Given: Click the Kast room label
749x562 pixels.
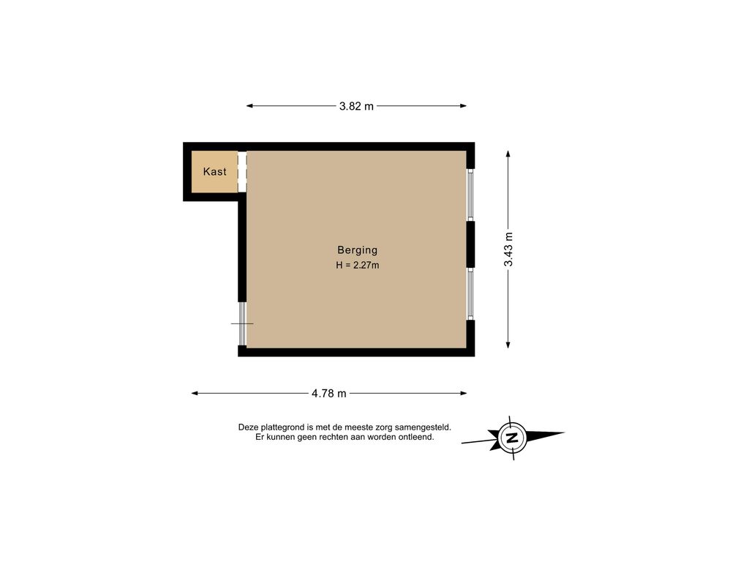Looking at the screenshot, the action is tap(214, 171).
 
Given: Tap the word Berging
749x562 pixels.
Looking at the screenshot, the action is tap(357, 250).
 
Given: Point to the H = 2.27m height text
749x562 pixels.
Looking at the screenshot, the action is tap(357, 265).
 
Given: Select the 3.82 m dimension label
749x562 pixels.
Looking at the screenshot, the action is tap(356, 106).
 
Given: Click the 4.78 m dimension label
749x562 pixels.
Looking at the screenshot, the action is tap(328, 393).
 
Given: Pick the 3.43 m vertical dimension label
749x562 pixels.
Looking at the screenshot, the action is tap(508, 249).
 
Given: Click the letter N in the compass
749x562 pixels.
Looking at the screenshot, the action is tap(512, 438).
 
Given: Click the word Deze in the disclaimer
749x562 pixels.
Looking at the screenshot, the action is tap(248, 427).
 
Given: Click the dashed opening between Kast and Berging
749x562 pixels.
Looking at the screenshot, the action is tap(242, 171).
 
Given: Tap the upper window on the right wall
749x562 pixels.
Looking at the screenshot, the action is tap(470, 195).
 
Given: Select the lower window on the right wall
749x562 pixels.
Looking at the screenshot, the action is tap(470, 293).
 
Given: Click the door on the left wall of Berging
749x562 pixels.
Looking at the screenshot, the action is tap(242, 323).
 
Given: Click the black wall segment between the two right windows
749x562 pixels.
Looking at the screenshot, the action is tap(470, 244).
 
